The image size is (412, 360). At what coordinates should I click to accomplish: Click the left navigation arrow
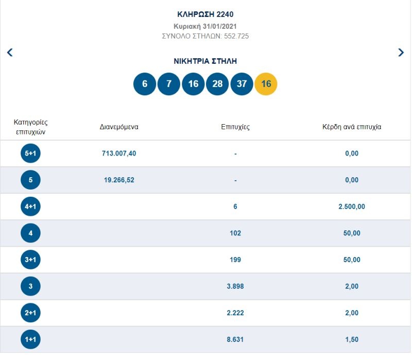click(10, 52)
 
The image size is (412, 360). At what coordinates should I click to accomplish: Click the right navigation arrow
click(401, 52)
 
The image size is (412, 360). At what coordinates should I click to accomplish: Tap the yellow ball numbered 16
click(266, 84)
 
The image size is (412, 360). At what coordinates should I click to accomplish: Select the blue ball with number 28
click(217, 84)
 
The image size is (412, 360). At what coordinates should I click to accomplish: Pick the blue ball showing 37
click(242, 84)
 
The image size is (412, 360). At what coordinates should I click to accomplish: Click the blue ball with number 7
click(169, 84)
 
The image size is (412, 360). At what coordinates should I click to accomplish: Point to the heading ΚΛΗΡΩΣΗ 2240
click(205, 14)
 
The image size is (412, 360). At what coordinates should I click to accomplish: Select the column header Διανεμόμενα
click(119, 127)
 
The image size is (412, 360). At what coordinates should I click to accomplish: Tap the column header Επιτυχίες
click(235, 127)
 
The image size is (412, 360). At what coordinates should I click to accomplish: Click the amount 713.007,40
click(119, 153)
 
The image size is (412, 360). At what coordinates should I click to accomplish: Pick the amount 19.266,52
click(119, 180)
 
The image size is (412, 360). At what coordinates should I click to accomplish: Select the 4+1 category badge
click(30, 207)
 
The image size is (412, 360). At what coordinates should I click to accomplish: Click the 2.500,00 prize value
click(352, 207)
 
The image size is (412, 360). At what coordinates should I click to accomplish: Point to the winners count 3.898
click(235, 286)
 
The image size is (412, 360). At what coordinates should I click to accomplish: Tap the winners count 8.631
click(235, 339)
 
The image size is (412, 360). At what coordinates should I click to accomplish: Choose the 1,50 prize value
click(352, 339)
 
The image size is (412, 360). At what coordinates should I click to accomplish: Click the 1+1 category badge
click(30, 339)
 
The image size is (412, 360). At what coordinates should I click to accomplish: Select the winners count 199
click(235, 260)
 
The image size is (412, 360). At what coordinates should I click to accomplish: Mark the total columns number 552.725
click(236, 36)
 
